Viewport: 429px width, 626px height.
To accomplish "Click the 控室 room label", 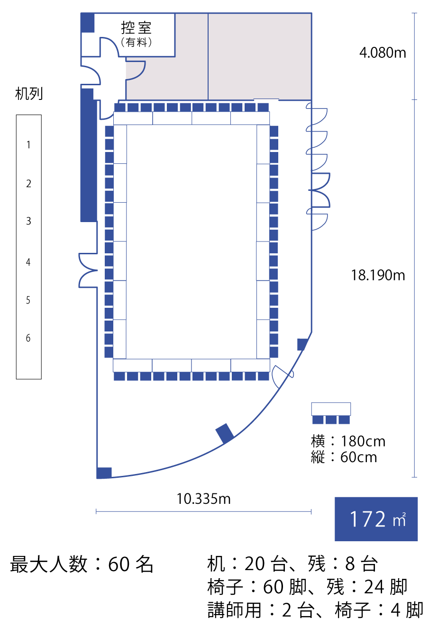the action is pyautogui.click(x=136, y=27).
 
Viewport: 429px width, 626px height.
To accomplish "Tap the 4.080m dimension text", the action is pyautogui.click(x=383, y=53).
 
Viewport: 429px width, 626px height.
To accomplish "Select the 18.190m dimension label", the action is pyautogui.click(x=378, y=275).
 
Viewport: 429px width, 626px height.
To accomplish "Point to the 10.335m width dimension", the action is pyautogui.click(x=203, y=499).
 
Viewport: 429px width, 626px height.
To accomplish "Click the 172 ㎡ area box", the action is pyautogui.click(x=376, y=519).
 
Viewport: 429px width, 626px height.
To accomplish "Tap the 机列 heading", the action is pyautogui.click(x=29, y=93).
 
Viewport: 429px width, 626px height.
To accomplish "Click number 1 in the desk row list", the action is pyautogui.click(x=28, y=144).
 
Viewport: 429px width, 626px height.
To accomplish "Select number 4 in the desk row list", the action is pyautogui.click(x=28, y=262).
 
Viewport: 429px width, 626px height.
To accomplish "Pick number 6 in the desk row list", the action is pyautogui.click(x=28, y=338).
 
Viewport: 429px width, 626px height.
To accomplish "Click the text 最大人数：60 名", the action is pyautogui.click(x=82, y=564).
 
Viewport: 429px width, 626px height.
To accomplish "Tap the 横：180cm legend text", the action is pyautogui.click(x=348, y=441).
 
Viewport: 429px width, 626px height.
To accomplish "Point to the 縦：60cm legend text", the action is pyautogui.click(x=344, y=457).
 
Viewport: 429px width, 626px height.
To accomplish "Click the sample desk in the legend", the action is pyautogui.click(x=331, y=409).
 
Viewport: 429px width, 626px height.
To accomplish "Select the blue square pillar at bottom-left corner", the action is pyautogui.click(x=104, y=473).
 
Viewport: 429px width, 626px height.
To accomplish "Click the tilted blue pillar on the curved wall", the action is pyautogui.click(x=224, y=433).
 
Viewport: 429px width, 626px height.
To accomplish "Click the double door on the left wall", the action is pyautogui.click(x=88, y=270).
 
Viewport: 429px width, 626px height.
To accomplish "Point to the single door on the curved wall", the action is pyautogui.click(x=283, y=376).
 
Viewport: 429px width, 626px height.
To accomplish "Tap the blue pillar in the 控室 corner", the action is pyautogui.click(x=87, y=23).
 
